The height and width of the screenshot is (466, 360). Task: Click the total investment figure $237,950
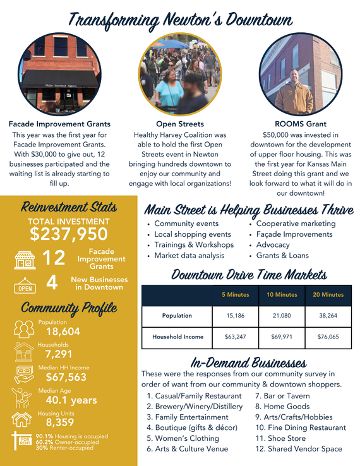(x=69, y=234)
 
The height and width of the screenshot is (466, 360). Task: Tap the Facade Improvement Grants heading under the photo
(x=59, y=124)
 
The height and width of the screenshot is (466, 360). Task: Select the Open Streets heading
(x=179, y=124)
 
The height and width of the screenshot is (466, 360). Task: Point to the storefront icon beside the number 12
(x=23, y=259)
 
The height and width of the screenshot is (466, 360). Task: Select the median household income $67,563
(x=66, y=377)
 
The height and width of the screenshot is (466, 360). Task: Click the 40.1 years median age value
(x=71, y=400)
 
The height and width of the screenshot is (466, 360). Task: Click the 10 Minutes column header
(x=282, y=295)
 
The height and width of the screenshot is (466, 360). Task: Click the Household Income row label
(x=177, y=337)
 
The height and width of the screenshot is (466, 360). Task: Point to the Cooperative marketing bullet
(x=296, y=224)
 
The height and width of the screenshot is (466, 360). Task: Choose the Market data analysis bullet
(x=189, y=255)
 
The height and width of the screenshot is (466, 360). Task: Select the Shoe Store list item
(x=287, y=438)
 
